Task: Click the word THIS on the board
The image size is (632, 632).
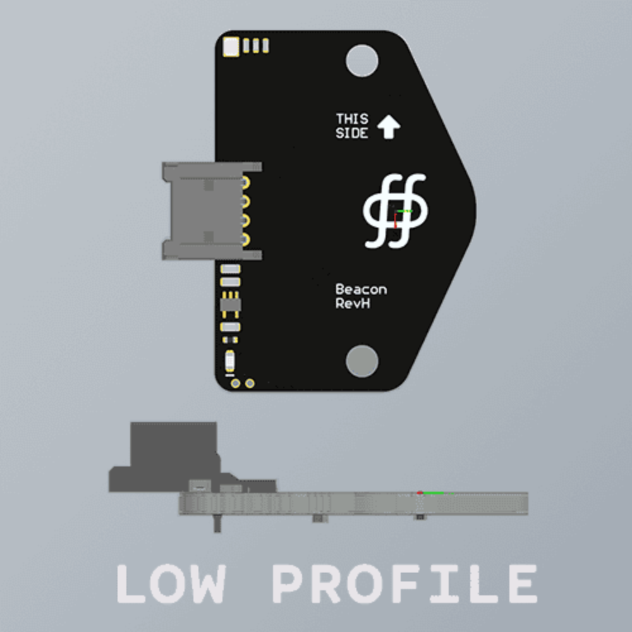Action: tap(351, 119)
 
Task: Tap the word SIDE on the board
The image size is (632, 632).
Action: tap(351, 133)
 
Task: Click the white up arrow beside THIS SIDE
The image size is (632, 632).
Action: tap(389, 126)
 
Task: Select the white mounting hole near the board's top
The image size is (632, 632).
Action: tap(362, 61)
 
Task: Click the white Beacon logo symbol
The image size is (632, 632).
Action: tap(395, 210)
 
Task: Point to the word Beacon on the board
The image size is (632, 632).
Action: tap(361, 289)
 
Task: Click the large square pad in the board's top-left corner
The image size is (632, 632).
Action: tap(232, 46)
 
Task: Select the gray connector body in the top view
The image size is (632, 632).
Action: tap(202, 211)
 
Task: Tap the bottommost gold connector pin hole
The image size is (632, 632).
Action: tap(245, 239)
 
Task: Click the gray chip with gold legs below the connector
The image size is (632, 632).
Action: tap(230, 305)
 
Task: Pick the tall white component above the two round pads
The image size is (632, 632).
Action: tap(230, 362)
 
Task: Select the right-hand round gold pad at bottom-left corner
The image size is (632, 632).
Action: tap(250, 383)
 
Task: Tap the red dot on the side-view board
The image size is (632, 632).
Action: tap(420, 492)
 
